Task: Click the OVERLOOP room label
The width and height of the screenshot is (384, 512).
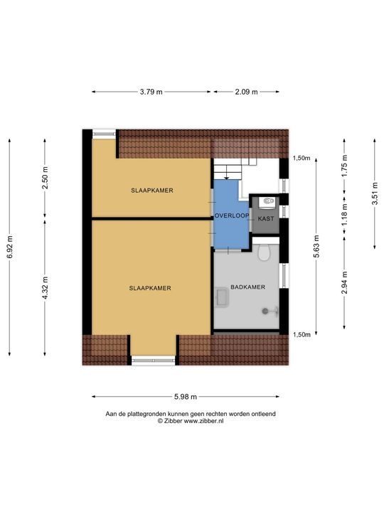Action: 232,216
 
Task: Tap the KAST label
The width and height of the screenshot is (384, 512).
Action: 266,219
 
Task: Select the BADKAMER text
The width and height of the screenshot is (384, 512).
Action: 248,287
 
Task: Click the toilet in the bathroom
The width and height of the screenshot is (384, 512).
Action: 264,252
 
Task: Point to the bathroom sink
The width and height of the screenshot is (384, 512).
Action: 222,297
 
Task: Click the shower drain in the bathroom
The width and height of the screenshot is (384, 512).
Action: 265,311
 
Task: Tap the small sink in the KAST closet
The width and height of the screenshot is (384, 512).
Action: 268,201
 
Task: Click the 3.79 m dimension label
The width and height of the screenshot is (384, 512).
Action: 151,92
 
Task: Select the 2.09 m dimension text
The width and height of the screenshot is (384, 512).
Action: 247,92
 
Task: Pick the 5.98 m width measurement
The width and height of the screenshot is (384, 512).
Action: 186,397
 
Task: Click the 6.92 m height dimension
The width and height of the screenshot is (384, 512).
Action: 10,247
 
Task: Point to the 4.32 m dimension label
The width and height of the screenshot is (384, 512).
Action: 46,288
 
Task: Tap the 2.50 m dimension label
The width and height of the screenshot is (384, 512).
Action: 46,178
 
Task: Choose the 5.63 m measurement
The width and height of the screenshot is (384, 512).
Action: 316,246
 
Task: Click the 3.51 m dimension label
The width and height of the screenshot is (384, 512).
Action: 375,193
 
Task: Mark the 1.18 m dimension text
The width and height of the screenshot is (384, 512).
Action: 344,214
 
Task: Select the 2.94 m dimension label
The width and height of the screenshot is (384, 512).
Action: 344,282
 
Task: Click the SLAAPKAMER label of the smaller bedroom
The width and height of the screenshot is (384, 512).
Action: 152,191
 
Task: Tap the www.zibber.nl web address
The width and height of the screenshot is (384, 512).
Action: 204,421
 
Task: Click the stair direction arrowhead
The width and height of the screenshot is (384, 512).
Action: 226,178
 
